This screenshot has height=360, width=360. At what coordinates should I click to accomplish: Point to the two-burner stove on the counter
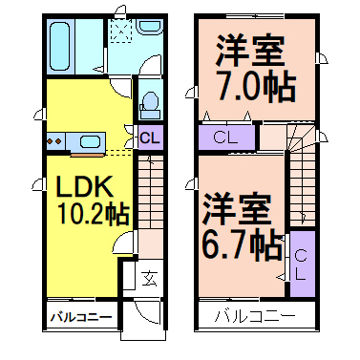point(52,142)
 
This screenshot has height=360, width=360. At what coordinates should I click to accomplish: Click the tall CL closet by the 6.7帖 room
point(299,264)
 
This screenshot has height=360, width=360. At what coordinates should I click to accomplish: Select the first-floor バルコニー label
point(81,316)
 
